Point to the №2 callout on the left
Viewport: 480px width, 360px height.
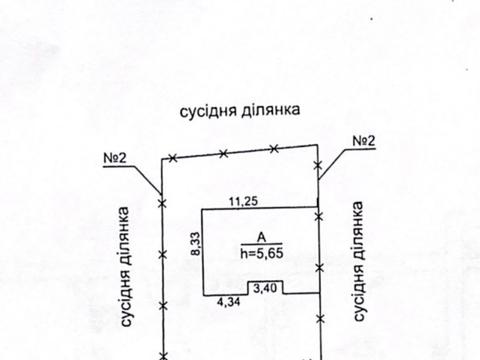click(x=118, y=157)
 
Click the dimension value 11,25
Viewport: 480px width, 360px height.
click(x=243, y=201)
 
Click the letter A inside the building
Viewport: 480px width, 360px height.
click(x=260, y=236)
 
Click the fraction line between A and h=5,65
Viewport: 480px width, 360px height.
click(x=260, y=244)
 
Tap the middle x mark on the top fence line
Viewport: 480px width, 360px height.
click(x=223, y=153)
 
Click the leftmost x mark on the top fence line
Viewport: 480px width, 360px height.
click(x=174, y=158)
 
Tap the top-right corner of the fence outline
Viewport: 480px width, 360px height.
click(x=318, y=144)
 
